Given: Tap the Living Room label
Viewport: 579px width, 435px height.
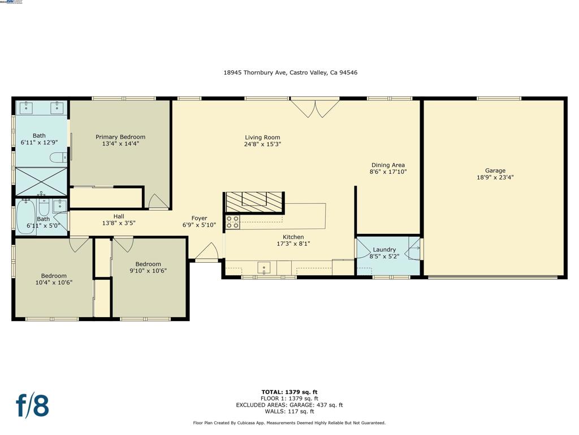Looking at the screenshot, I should pos(262,138).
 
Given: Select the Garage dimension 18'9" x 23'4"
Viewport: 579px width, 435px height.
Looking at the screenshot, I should pos(495,177).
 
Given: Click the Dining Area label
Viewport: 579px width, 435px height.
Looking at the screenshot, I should pos(388,165).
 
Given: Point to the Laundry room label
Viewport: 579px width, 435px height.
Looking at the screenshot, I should pos(384,250).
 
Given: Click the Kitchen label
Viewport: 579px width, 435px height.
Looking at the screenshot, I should pos(293,237).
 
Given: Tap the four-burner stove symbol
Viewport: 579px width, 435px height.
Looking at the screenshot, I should pos(232,221).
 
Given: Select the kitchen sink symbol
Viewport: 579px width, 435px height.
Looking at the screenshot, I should pos(265,267).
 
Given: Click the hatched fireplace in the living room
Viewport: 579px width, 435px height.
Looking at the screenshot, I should pos(254,202).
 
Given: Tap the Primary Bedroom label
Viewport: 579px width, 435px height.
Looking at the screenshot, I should pos(120,137).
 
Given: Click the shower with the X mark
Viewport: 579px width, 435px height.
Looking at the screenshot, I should pos(41,181).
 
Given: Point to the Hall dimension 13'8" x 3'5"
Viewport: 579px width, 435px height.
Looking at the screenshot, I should pos(119,223).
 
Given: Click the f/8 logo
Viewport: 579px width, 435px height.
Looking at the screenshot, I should pos(32,406).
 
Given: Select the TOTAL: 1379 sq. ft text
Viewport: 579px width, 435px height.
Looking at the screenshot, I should pos(289,391).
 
